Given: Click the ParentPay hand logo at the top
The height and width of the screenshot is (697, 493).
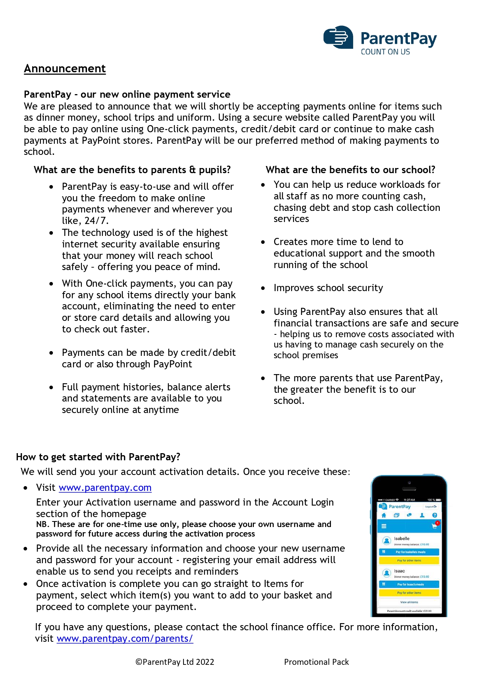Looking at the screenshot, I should [338, 37].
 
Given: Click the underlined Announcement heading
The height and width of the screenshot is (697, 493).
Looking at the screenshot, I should [65, 69].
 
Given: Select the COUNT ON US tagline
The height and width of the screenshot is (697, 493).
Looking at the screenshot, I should [385, 52].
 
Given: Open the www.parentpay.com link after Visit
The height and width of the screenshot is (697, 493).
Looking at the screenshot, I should [105, 488].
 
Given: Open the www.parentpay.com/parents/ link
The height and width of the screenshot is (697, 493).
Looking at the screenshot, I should [125, 639].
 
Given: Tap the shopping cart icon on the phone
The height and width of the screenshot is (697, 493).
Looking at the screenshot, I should [434, 526].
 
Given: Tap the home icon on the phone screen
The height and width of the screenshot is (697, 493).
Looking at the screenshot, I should [384, 515].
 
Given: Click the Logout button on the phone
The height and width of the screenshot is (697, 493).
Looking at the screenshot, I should [431, 507].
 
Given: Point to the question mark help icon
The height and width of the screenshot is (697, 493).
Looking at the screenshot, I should [435, 515].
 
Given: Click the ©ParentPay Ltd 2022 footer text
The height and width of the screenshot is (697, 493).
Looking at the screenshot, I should [175, 662].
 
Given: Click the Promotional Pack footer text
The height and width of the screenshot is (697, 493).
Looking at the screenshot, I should [316, 662].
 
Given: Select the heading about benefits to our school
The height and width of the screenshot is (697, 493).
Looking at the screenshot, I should [350, 170].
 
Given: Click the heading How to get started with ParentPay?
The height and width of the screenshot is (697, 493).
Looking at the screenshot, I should [98, 457].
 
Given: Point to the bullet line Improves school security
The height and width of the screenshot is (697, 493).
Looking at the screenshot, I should [328, 288].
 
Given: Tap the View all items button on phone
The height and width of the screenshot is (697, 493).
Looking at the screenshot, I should [409, 602].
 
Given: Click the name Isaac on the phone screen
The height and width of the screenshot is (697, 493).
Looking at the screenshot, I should [399, 571].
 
